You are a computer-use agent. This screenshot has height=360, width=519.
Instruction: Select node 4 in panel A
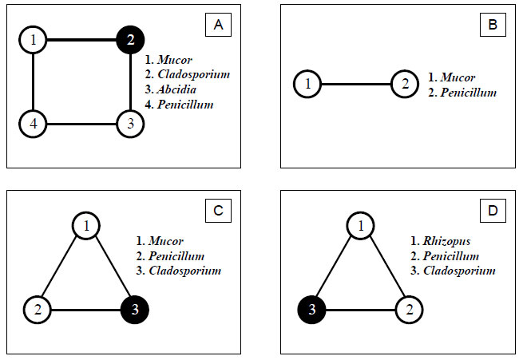pyautogui.click(x=33, y=124)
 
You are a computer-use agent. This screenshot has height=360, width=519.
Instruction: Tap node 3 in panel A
pyautogui.click(x=130, y=124)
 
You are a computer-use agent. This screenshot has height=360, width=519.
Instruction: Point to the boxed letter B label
pyautogui.click(x=493, y=26)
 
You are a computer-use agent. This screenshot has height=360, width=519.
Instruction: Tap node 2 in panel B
pyautogui.click(x=405, y=84)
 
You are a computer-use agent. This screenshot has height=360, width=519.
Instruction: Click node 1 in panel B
pyautogui.click(x=307, y=84)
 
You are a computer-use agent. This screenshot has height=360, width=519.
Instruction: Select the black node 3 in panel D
pyautogui.click(x=312, y=309)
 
